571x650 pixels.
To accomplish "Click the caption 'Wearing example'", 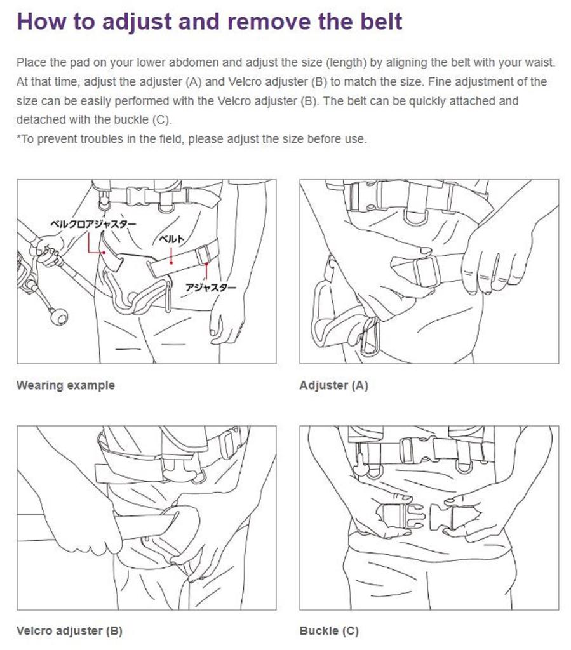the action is tap(65, 385).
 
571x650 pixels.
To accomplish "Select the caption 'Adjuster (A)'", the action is tap(334, 385).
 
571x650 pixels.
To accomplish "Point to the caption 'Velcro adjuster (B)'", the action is tap(69, 631).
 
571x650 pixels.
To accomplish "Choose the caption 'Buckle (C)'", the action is tap(329, 631).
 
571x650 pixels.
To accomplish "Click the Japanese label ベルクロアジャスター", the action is tap(93, 224).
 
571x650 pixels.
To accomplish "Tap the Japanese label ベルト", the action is tap(171, 239).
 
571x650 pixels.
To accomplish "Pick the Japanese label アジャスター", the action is tap(211, 288).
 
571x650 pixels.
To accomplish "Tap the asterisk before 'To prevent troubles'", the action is tap(18, 137).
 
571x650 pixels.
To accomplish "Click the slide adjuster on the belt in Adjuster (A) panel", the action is tap(426, 271).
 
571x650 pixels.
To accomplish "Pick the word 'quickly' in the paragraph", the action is tap(427, 101).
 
